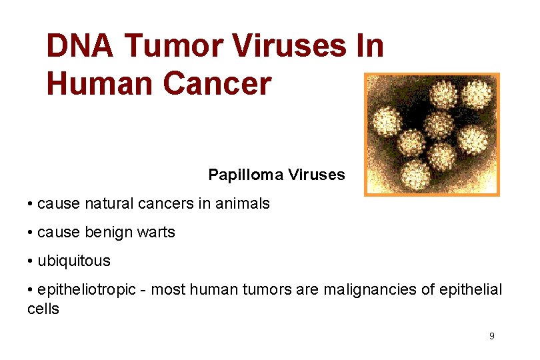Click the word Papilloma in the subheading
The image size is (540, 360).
(246, 175)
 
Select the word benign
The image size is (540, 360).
(109, 233)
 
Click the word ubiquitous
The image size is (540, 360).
(74, 261)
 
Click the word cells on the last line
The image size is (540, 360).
(43, 309)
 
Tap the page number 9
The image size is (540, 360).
(492, 336)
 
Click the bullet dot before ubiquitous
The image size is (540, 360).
(31, 261)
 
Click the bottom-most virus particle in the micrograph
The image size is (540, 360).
(416, 173)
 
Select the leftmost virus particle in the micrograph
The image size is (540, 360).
(387, 122)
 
